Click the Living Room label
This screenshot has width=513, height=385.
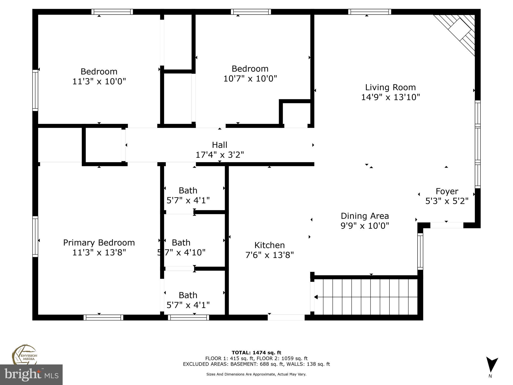coord(390,87)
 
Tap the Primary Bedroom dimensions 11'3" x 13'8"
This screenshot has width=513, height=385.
coord(99,252)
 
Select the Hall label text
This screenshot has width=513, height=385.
coord(219,145)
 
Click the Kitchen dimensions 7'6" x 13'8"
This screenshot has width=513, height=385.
coord(269,255)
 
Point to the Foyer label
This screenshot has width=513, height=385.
coord(447,191)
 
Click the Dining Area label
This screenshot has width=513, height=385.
coord(365,216)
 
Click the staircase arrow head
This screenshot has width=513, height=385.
coord(316,297)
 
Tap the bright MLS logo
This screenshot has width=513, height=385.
coord(31,374)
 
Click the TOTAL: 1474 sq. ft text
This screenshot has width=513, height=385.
coord(256,353)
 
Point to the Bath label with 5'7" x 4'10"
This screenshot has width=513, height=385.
coord(181,243)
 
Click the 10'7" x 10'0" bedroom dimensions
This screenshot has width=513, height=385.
coord(250,79)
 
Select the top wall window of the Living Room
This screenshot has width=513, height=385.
coord(369,12)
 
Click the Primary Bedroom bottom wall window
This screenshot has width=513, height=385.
coord(103,318)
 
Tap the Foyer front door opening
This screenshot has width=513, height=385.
coord(447,225)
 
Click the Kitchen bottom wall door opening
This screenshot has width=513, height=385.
coord(286,318)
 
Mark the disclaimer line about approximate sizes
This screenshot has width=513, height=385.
coord(256,374)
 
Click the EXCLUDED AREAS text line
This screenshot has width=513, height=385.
coord(256,364)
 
